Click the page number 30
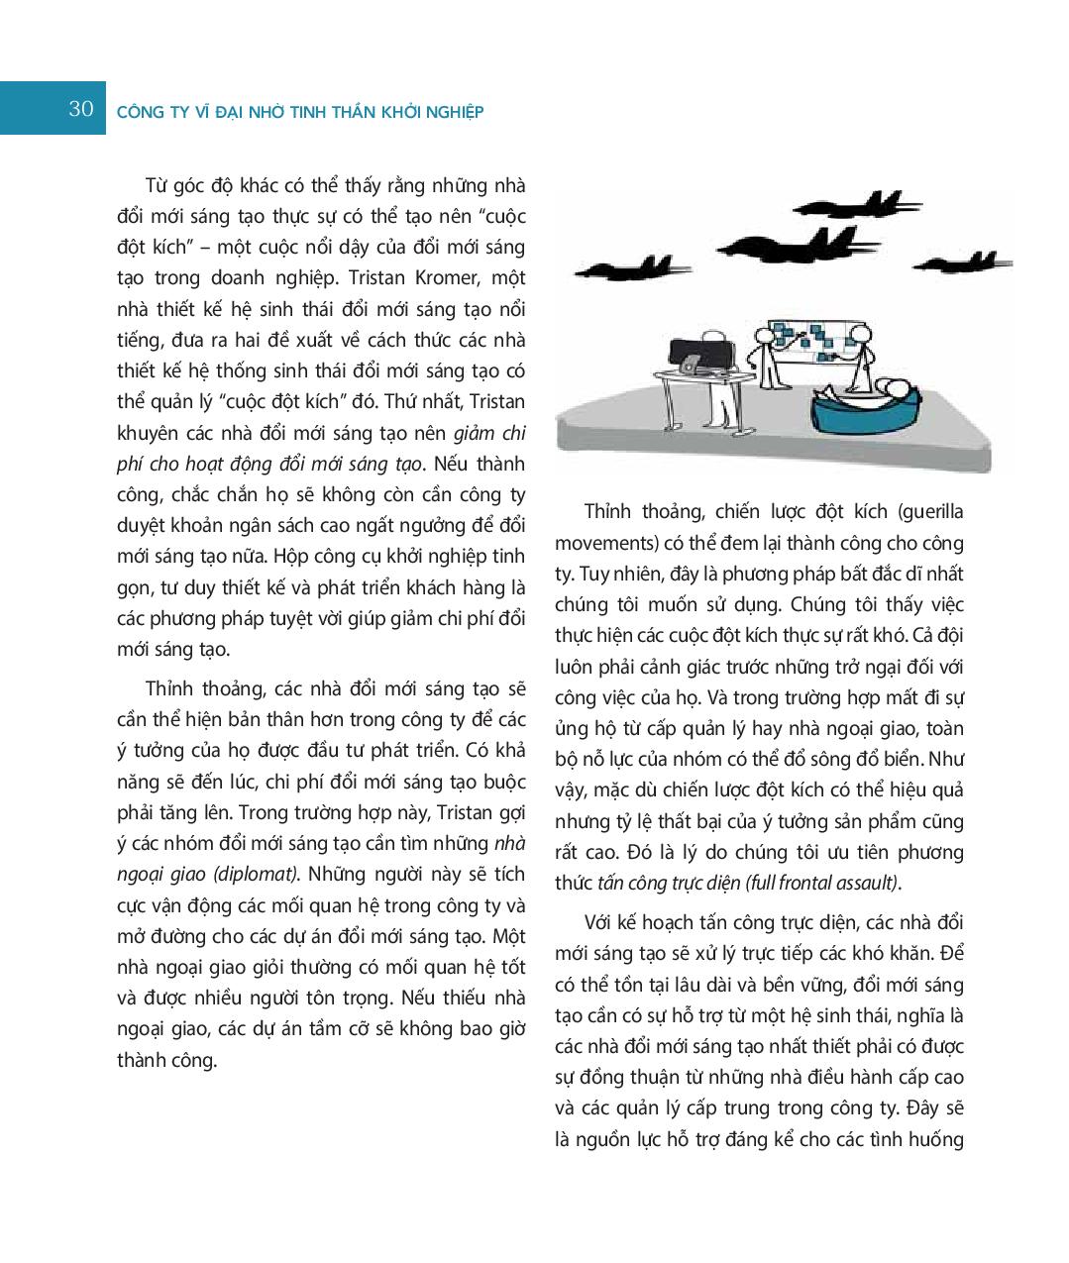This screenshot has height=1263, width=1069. pos(81,109)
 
